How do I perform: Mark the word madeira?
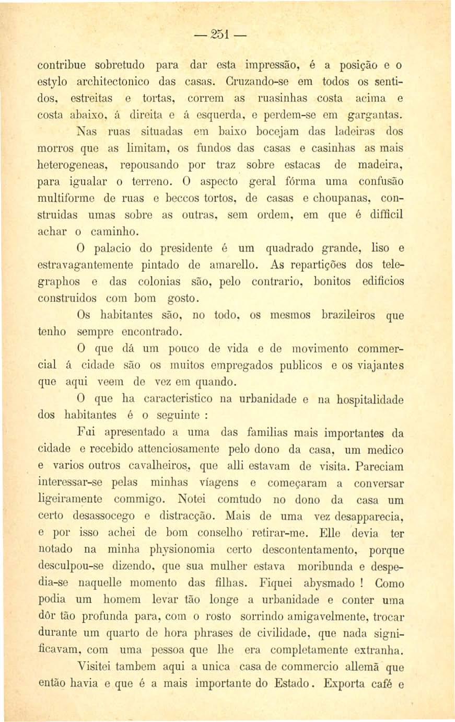point(379,165)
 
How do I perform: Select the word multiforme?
point(69,198)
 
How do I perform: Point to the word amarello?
point(234,265)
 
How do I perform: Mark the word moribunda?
point(325,566)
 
